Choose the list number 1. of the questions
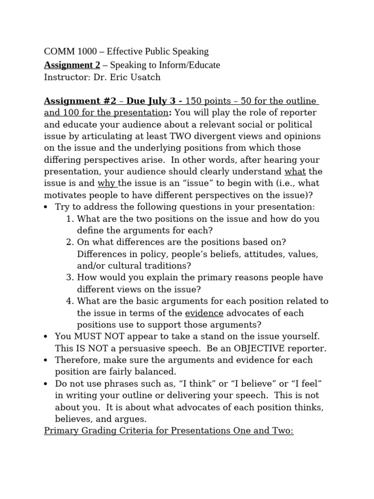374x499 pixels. pos(70,219)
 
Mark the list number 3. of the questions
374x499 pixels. pos(70,277)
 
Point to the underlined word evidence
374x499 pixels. pos(204,312)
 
